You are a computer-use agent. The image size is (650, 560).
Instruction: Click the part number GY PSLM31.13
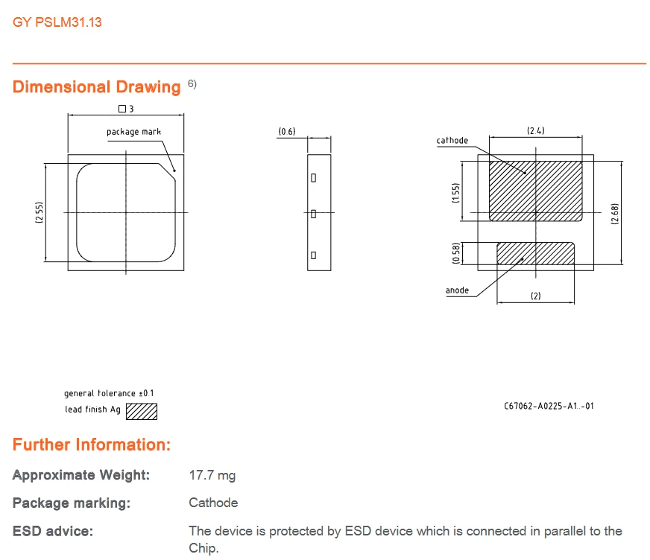(x=57, y=22)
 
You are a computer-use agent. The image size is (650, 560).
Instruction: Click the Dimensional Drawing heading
(x=97, y=87)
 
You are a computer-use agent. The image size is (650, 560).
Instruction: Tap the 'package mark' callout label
(x=133, y=132)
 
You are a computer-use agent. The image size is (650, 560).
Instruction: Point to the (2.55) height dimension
(x=39, y=212)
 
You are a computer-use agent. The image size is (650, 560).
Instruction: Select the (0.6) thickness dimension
(x=287, y=131)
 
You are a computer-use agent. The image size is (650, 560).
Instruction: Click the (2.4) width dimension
(x=536, y=131)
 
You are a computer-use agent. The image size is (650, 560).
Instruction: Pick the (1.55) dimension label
(x=456, y=193)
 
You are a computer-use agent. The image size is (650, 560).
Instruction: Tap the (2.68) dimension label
(x=615, y=214)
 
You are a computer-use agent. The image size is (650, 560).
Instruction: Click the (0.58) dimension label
(x=456, y=253)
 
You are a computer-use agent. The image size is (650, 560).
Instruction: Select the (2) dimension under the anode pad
(x=536, y=296)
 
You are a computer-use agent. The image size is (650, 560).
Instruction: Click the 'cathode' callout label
(x=452, y=141)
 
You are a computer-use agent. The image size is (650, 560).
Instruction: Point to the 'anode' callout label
(x=457, y=290)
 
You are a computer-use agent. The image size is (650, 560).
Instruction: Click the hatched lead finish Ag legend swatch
(x=142, y=411)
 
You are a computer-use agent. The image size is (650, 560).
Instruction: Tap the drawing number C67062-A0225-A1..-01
(x=549, y=406)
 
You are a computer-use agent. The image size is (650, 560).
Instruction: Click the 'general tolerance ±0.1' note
(x=109, y=393)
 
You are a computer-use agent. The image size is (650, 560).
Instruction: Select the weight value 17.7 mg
(x=212, y=475)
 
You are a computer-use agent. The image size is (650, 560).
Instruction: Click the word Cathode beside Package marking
(x=213, y=503)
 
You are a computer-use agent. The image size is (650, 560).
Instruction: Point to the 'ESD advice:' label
(x=53, y=531)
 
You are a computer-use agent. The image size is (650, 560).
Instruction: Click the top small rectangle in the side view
(x=313, y=178)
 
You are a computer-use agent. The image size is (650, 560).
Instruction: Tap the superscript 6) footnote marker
(x=192, y=84)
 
